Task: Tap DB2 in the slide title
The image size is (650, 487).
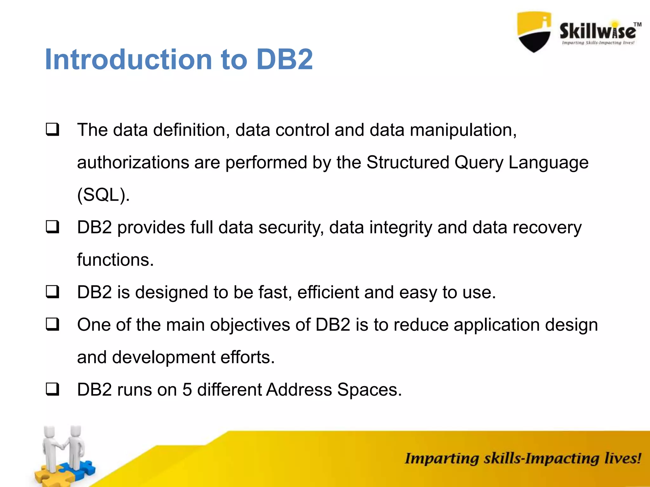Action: pyautogui.click(x=284, y=60)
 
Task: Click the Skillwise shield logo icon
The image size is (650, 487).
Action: pyautogui.click(x=534, y=32)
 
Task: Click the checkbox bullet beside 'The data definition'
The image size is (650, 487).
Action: pyautogui.click(x=52, y=130)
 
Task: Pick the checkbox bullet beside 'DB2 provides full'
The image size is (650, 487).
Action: pyautogui.click(x=52, y=227)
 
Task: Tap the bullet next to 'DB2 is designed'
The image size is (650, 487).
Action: pyautogui.click(x=52, y=292)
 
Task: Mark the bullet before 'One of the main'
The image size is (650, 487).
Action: pyautogui.click(x=52, y=324)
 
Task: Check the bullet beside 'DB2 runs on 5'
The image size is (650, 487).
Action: pyautogui.click(x=52, y=389)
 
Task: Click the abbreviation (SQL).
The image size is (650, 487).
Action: pyautogui.click(x=103, y=195)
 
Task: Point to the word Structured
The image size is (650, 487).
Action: pyautogui.click(x=408, y=162)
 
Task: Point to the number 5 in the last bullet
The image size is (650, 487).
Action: pyautogui.click(x=187, y=389)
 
